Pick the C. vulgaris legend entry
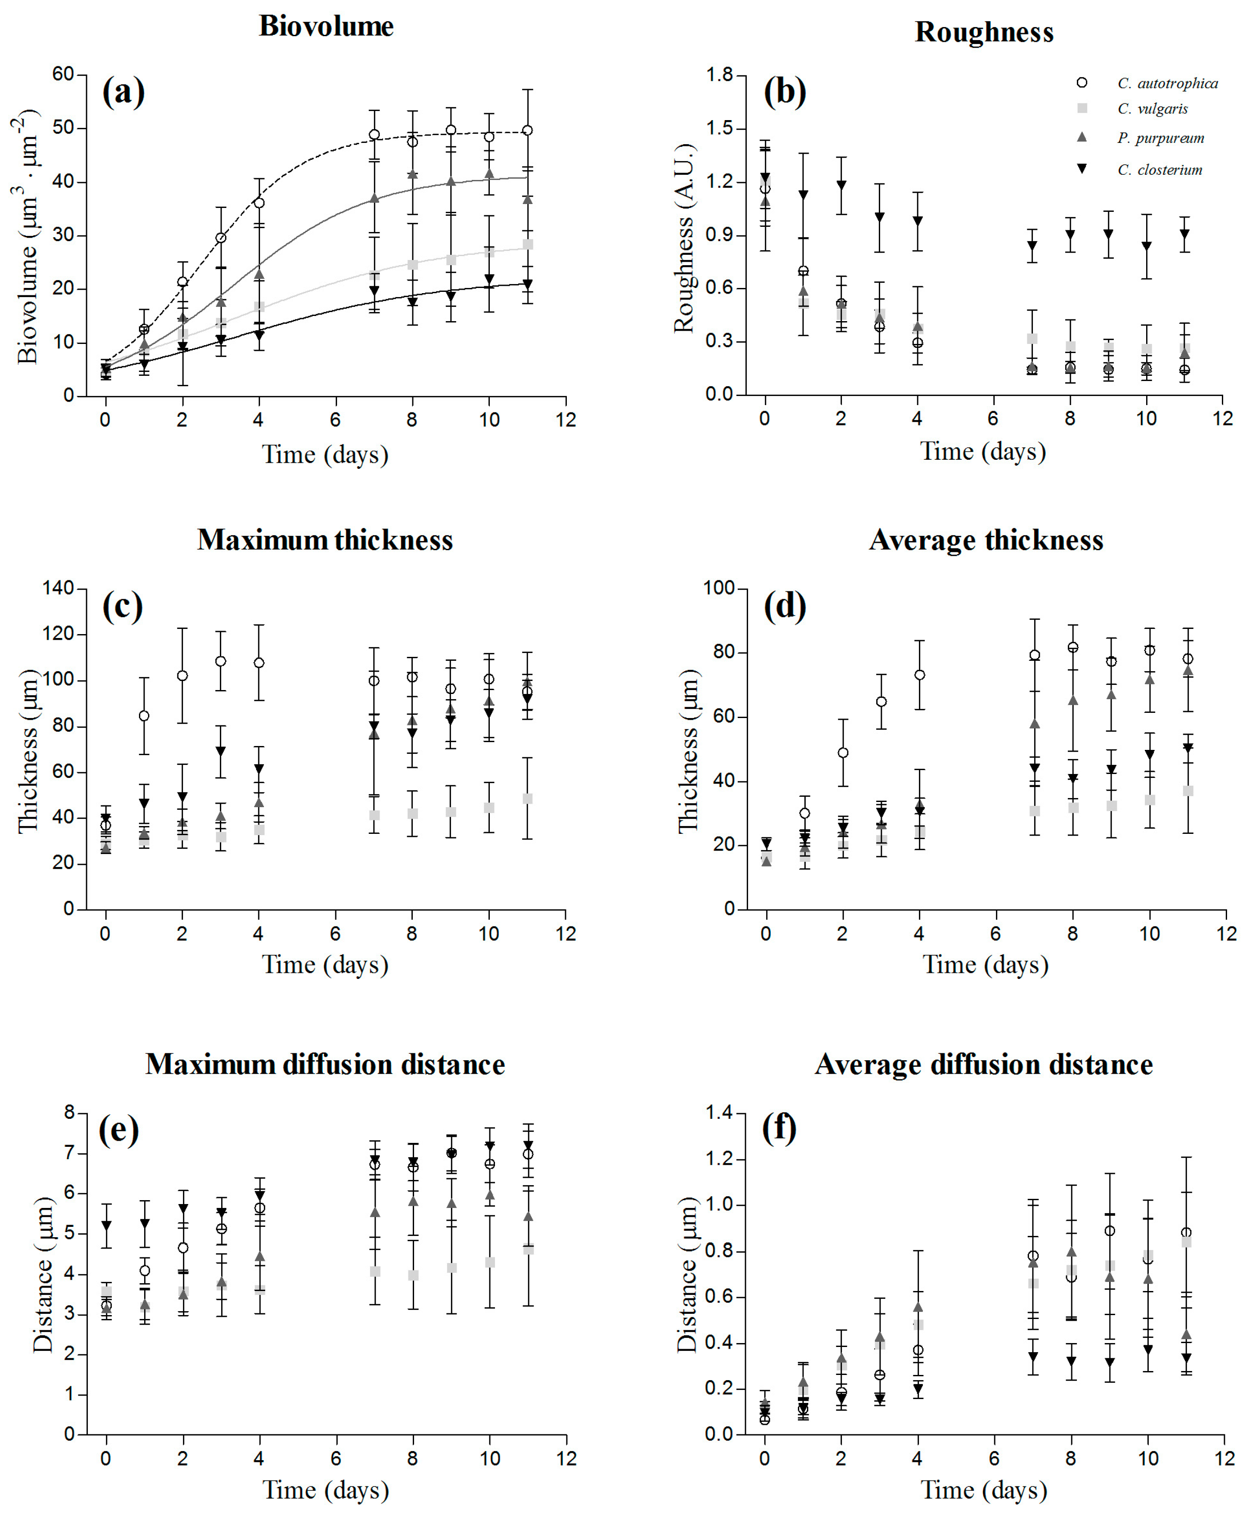(1152, 108)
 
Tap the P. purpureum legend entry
(1160, 138)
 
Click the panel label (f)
(779, 1128)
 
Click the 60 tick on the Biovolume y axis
(63, 74)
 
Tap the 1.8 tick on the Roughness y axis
(719, 75)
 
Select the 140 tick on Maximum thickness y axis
(58, 588)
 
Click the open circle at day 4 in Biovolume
(259, 203)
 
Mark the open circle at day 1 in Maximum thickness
(144, 716)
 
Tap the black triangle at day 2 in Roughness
(841, 186)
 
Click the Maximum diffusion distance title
(325, 1064)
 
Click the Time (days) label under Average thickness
(985, 964)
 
